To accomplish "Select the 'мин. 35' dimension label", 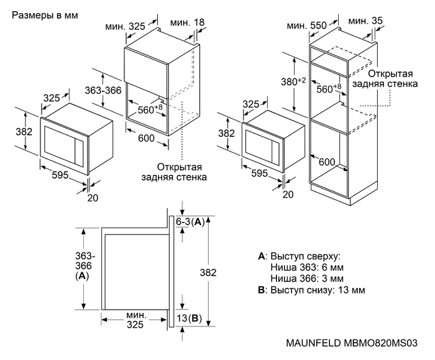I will click(x=366, y=21).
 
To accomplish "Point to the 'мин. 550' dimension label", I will click(x=307, y=25).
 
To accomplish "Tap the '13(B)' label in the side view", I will click(x=189, y=318).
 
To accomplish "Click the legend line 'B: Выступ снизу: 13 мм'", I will click(x=311, y=290).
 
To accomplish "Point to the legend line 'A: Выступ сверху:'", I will click(x=299, y=256).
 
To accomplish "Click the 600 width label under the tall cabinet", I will click(x=327, y=162).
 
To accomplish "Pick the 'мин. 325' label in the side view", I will click(x=131, y=319).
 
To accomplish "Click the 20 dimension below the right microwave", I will click(x=288, y=195).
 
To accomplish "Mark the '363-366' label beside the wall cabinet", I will click(x=102, y=90).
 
